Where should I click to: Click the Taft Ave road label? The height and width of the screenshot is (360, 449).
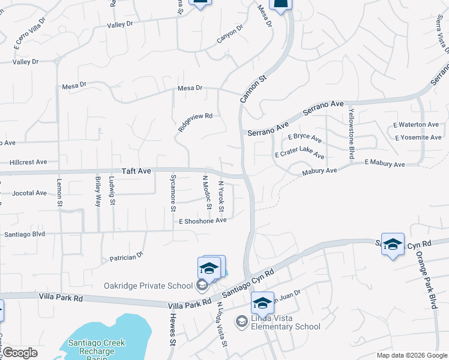136,171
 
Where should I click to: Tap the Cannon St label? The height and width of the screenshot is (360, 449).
253,89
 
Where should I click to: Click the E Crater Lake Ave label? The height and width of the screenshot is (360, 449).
300,155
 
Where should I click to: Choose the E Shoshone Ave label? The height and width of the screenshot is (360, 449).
202,221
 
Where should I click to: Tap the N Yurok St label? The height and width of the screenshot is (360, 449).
221,196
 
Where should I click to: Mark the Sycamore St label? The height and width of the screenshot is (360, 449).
173,193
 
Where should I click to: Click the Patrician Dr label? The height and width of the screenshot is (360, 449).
127,257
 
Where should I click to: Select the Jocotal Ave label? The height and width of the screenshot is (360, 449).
29,193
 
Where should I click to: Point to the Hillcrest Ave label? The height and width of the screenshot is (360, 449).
28,162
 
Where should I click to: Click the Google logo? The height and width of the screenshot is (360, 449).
20,353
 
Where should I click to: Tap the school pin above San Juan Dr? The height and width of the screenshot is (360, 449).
262,303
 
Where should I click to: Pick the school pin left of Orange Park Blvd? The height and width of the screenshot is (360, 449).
393,245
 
